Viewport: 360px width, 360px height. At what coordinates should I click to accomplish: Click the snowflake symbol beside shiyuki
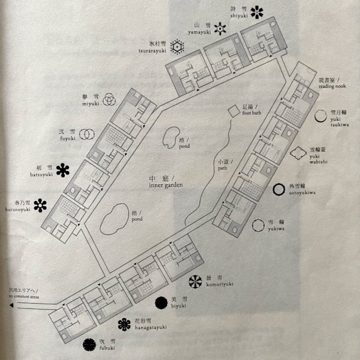click(x=257, y=12)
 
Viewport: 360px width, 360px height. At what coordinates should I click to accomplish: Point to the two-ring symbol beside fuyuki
click(x=85, y=135)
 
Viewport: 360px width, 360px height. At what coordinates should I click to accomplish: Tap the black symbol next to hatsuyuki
click(x=62, y=170)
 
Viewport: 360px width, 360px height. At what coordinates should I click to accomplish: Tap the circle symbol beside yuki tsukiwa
click(x=321, y=116)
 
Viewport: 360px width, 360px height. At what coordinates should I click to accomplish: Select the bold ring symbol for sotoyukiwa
click(x=279, y=189)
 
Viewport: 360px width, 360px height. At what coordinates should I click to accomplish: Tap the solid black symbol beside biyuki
click(x=161, y=303)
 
